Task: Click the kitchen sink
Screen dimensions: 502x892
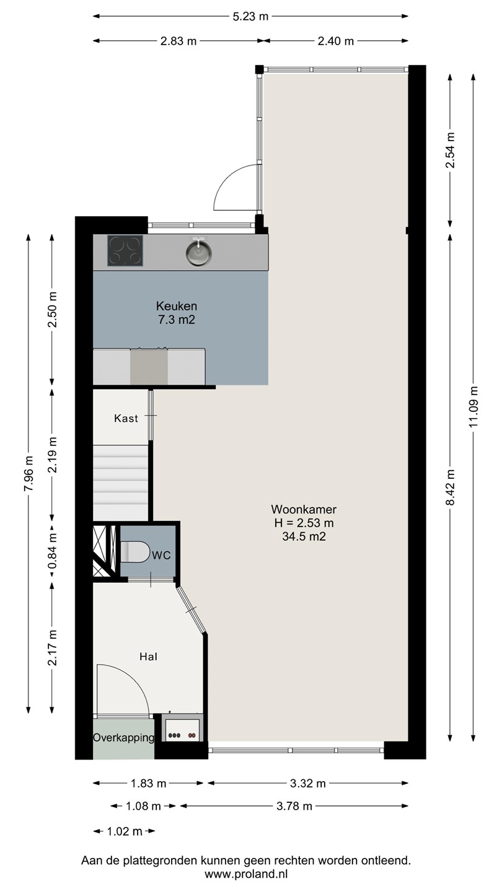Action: (x=198, y=251)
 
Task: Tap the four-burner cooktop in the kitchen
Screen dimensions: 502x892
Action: (x=125, y=250)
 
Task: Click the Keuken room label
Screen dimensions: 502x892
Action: (x=177, y=306)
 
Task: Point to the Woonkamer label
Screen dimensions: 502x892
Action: (x=304, y=509)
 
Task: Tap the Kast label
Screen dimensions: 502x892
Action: (x=126, y=418)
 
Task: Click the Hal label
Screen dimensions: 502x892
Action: (x=148, y=656)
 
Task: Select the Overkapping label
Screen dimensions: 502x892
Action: (x=123, y=738)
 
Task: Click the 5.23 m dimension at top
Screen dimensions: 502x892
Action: (x=250, y=16)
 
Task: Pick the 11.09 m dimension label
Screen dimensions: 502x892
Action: (x=473, y=407)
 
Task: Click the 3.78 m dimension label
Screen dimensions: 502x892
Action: (x=294, y=807)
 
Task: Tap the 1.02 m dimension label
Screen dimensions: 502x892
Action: (x=125, y=831)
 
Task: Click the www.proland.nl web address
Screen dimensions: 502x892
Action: (x=246, y=875)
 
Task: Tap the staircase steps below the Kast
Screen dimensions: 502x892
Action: (x=120, y=483)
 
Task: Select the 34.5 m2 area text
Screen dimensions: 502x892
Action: (x=304, y=536)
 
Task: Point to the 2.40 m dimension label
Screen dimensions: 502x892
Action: (x=336, y=41)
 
